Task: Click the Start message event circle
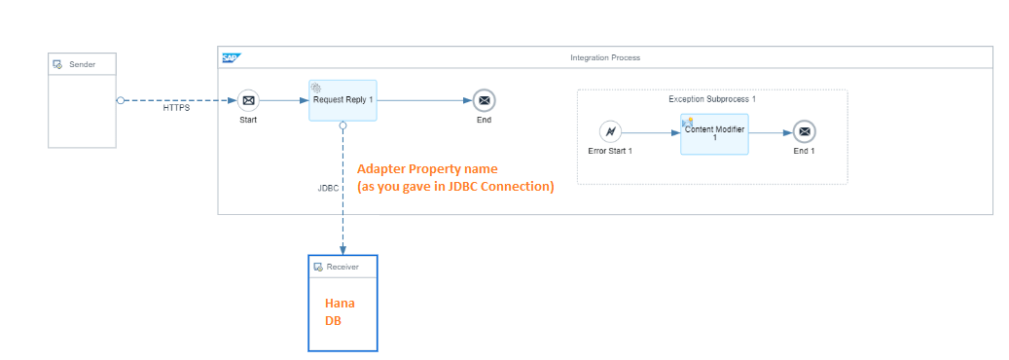coord(248,100)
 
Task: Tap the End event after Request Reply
coord(484,100)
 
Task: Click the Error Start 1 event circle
coord(610,131)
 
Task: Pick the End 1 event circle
coord(804,131)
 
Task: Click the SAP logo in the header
coord(231,57)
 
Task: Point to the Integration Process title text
coord(604,57)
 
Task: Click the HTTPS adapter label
coord(176,108)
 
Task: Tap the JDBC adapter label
coord(328,188)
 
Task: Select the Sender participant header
coord(82,64)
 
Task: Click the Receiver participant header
coord(342,267)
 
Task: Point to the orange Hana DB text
coord(340,311)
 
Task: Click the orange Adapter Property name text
coord(427,169)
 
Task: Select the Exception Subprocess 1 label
coord(712,99)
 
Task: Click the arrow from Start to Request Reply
coord(285,100)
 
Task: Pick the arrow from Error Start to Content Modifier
coord(650,131)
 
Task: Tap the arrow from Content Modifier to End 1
coord(770,131)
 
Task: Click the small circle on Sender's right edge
coord(120,100)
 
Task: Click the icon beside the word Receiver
coord(318,267)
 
